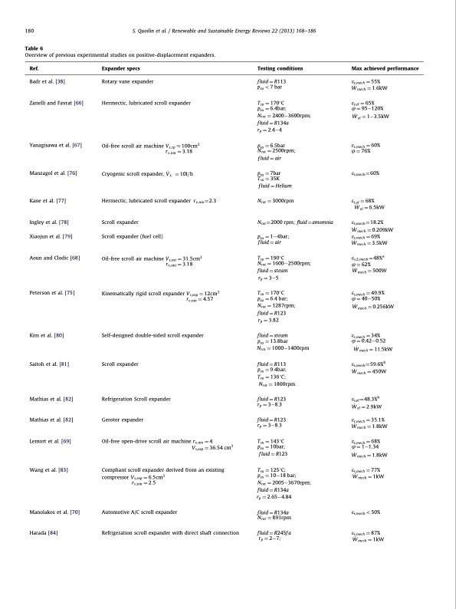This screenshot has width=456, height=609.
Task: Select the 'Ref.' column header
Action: point(34,68)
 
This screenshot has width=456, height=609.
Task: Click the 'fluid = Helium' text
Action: point(276,186)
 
